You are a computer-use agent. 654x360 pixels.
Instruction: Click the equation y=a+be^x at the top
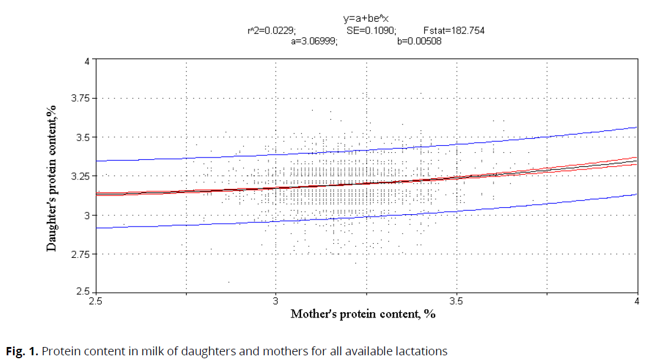(x=366, y=19)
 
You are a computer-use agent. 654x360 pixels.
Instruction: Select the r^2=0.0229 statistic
(x=272, y=31)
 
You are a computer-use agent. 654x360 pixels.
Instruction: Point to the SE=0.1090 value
(x=371, y=31)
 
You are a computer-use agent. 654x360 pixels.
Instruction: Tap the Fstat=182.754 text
(x=454, y=31)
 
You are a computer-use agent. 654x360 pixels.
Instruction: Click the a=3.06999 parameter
(x=315, y=42)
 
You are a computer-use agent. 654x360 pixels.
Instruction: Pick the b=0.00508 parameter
(x=420, y=42)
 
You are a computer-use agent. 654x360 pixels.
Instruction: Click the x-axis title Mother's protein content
(x=363, y=314)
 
